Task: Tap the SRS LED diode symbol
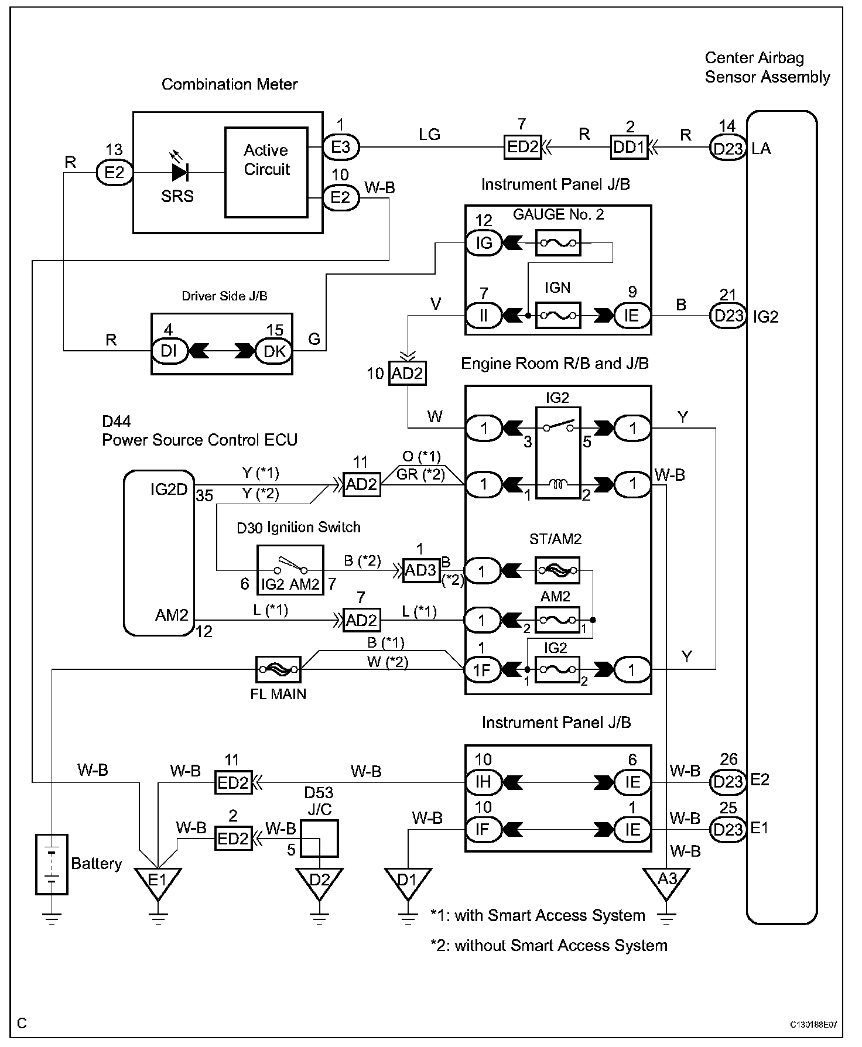(x=180, y=173)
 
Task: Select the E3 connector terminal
(x=341, y=147)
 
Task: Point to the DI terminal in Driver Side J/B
(x=169, y=351)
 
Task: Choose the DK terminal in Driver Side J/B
(x=274, y=351)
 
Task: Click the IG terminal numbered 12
(x=484, y=242)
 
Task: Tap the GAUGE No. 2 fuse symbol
(x=558, y=242)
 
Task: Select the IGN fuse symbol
(x=558, y=316)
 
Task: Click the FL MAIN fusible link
(x=278, y=669)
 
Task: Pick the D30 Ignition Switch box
(x=290, y=570)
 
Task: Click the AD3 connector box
(x=420, y=570)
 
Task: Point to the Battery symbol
(x=52, y=864)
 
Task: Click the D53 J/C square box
(x=319, y=839)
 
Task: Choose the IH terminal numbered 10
(x=483, y=782)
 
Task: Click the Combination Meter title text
(x=230, y=84)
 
